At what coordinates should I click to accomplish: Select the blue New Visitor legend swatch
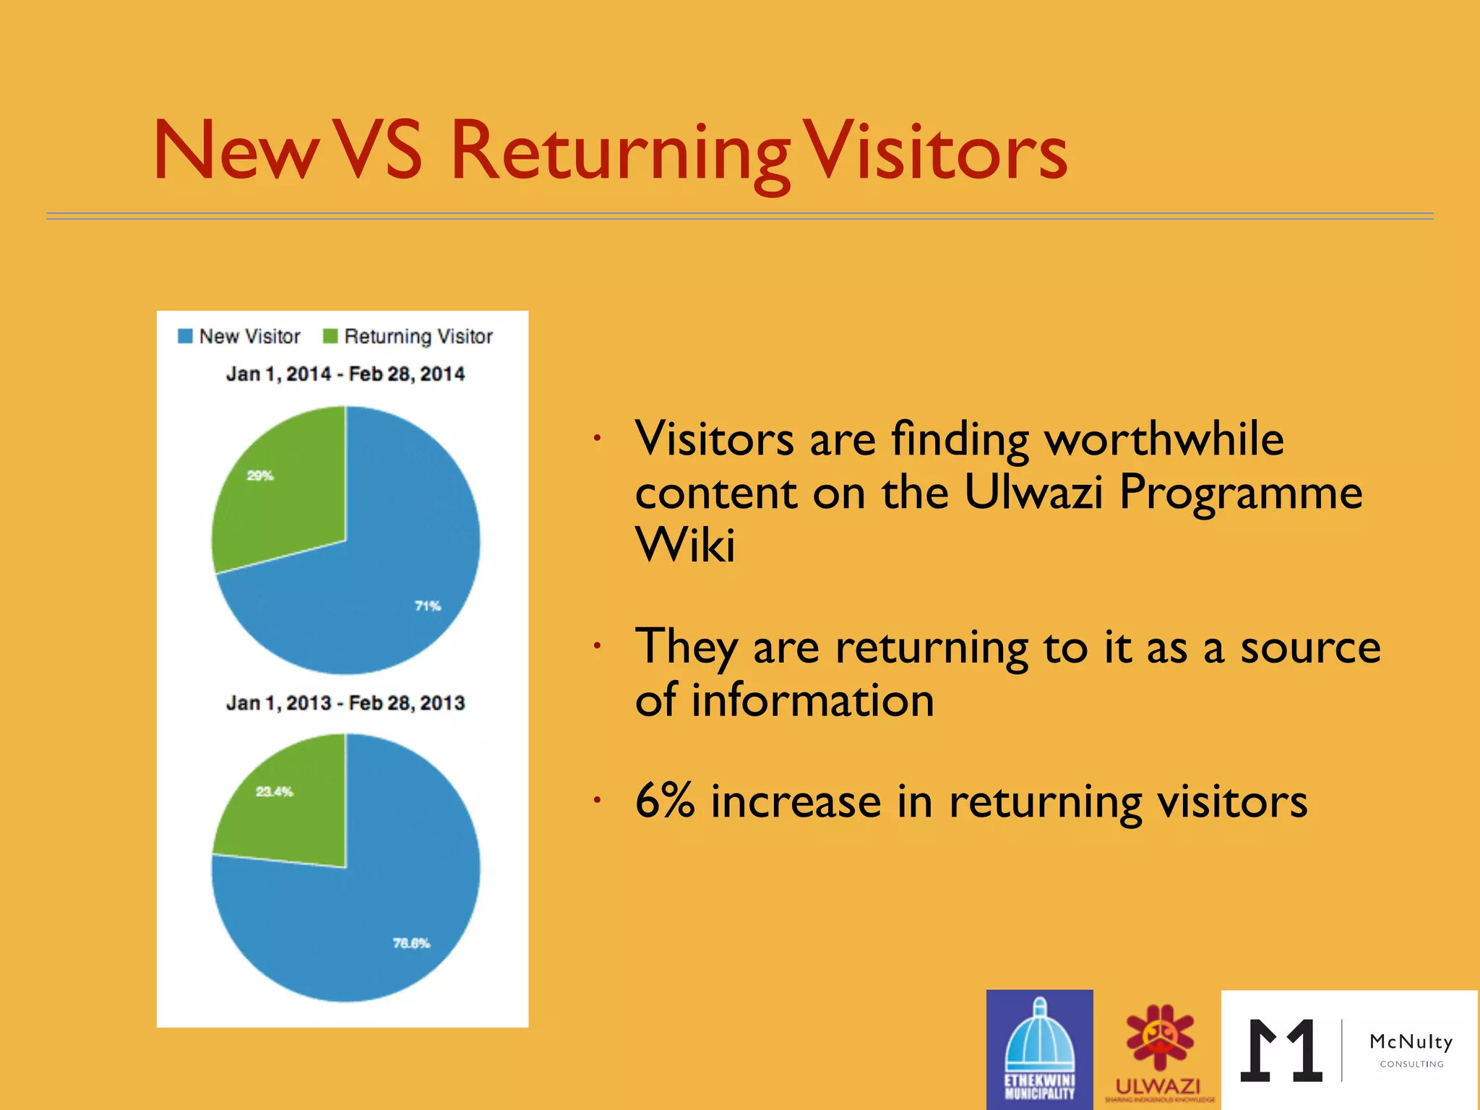click(x=185, y=336)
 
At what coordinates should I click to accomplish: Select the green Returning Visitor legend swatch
click(x=330, y=336)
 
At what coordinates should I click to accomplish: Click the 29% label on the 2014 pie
click(x=260, y=476)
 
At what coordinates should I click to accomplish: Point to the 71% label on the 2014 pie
click(x=428, y=606)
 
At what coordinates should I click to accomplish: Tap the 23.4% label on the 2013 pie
click(x=275, y=791)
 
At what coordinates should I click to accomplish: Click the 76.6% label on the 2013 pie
click(x=411, y=943)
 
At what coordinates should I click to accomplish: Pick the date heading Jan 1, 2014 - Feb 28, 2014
click(x=345, y=374)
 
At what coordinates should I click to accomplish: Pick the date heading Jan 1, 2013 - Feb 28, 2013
click(x=345, y=702)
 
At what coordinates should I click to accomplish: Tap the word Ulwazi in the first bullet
click(x=1033, y=492)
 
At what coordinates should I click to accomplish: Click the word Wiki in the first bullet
click(x=685, y=545)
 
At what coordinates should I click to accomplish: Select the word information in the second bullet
click(x=812, y=700)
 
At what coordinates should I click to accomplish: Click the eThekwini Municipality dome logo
click(x=1039, y=1048)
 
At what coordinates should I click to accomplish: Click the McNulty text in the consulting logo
click(x=1411, y=1041)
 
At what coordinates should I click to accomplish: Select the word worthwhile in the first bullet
click(x=1164, y=439)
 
